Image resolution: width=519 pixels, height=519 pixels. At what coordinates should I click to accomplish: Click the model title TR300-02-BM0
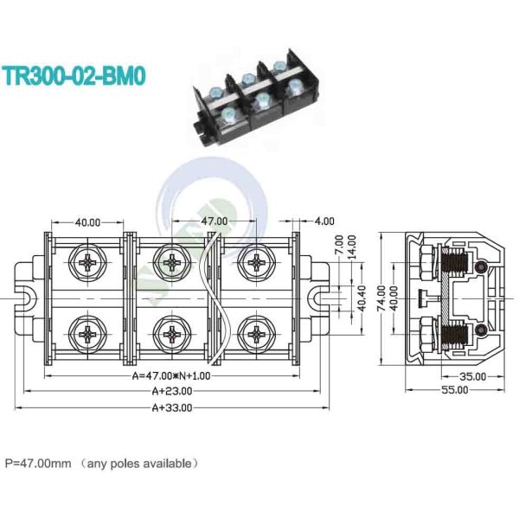74,74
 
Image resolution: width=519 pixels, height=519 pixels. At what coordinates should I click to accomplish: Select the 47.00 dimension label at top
215,221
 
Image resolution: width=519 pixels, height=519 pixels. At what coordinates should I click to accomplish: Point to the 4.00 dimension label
324,221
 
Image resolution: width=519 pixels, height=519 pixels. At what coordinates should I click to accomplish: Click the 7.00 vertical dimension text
339,246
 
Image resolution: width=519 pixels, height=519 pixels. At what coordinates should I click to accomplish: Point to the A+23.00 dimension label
171,391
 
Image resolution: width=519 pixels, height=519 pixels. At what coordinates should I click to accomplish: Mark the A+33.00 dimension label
171,407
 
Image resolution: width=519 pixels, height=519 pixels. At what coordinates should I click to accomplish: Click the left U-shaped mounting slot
26,297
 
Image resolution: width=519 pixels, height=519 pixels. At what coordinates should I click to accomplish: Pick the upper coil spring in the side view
452,259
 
